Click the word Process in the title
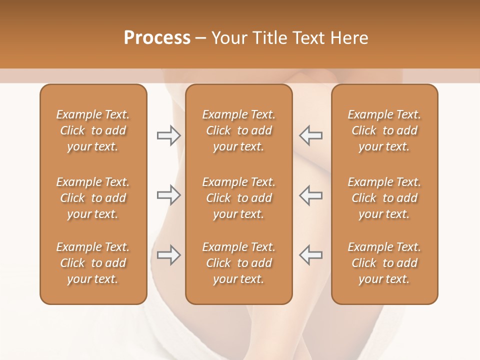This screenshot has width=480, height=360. tap(157, 38)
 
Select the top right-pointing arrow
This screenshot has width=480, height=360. tap(168, 135)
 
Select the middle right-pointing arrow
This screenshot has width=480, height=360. tap(168, 195)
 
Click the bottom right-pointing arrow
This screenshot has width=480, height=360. tap(168, 255)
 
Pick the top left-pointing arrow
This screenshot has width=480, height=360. tap(311, 135)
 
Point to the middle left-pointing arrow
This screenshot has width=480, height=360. tap(311, 195)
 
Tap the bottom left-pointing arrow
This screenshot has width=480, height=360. tap(311, 255)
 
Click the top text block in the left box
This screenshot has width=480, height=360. tap(93, 130)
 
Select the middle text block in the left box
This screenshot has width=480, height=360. tap(93, 198)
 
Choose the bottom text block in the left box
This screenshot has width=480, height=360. tap(93, 263)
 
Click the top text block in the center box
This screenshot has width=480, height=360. tap(238, 130)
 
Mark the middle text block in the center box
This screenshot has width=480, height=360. tap(238, 198)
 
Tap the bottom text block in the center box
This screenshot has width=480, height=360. tap(238, 263)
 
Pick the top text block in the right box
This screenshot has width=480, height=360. tap(384, 130)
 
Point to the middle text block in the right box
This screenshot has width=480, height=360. tap(384, 198)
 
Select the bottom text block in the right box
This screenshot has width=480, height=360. tap(384, 263)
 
